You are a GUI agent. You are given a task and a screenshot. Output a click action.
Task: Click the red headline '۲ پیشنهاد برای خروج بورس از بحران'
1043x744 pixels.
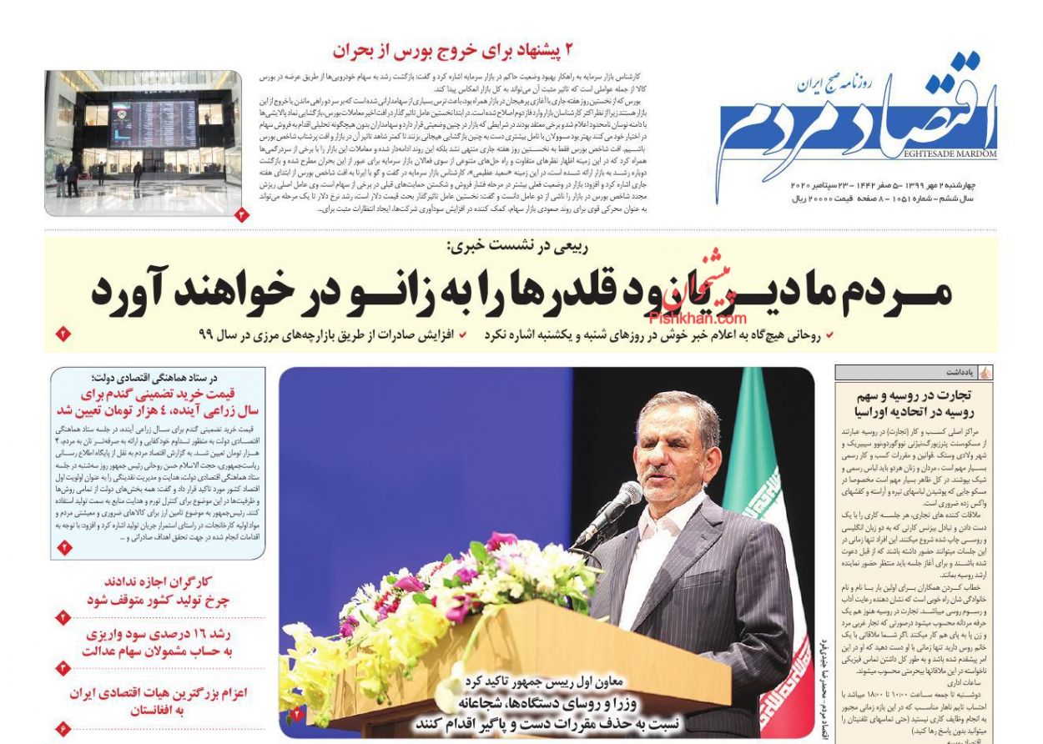(453, 50)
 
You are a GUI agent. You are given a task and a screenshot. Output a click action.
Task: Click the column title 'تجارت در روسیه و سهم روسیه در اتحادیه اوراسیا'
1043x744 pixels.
(914, 404)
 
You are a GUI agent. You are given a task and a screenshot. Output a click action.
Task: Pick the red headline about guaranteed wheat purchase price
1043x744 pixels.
(159, 402)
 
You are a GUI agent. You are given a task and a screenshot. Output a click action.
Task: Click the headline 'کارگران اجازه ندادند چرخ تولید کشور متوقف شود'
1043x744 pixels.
(159, 591)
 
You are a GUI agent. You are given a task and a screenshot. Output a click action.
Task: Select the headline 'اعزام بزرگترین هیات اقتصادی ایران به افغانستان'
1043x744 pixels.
(159, 701)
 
